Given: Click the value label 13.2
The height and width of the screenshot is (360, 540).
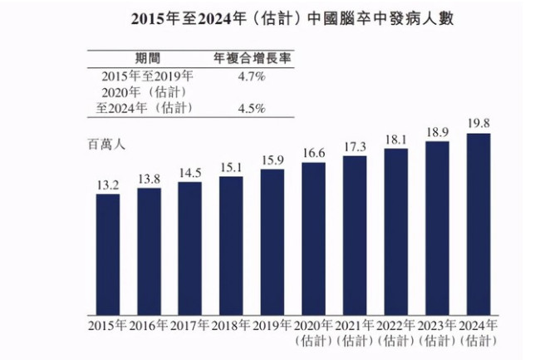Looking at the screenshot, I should point(108,185).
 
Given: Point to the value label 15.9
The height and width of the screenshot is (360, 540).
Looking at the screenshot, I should point(272,160).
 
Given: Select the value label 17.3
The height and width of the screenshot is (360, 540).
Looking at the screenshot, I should point(355,146).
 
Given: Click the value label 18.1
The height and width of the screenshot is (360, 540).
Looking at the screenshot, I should point(396,139).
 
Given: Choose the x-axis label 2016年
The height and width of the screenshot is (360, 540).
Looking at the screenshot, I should point(150,325).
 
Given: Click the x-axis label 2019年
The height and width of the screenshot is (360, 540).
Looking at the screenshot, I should point(272,325).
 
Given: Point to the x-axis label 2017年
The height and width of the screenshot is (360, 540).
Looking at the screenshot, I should point(190,325).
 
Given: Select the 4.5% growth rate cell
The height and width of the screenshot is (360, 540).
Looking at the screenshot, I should point(251,108).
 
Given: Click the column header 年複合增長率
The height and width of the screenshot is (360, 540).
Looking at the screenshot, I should point(251,58).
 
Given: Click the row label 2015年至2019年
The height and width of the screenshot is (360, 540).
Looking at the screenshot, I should point(143,76).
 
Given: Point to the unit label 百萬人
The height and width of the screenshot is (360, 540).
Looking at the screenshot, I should point(106,145).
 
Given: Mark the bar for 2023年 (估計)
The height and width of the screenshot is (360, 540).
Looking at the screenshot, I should point(437,228).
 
